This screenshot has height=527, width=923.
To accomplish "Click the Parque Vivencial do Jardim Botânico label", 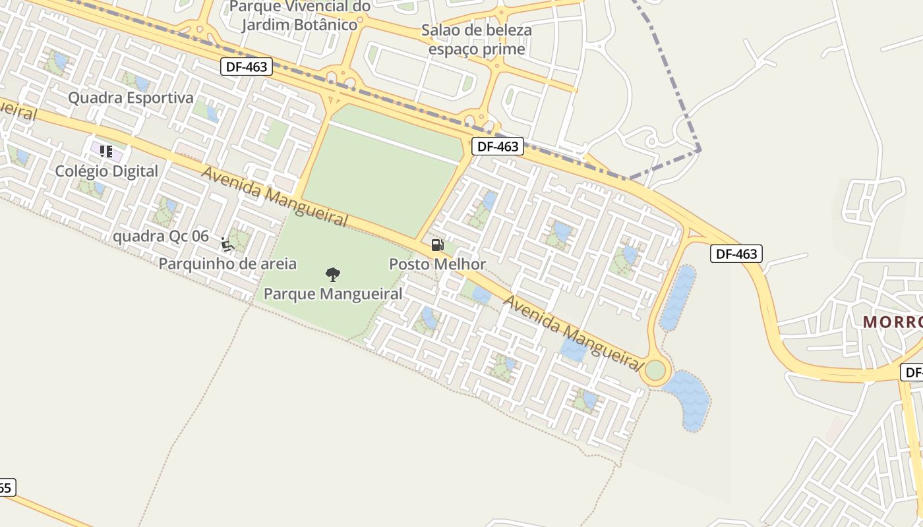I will (300, 16).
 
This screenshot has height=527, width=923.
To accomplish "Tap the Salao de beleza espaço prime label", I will (477, 40).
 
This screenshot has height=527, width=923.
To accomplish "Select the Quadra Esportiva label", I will (131, 98).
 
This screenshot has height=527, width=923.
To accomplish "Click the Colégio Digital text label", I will (106, 171).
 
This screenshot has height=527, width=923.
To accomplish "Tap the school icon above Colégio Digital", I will (105, 152).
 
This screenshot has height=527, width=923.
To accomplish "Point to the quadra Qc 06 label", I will (161, 236).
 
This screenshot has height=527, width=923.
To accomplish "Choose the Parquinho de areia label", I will (227, 264).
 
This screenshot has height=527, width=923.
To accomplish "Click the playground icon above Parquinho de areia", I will (227, 245).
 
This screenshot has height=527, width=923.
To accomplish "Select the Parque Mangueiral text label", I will (333, 294).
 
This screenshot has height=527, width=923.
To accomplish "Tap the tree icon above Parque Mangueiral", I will (333, 274).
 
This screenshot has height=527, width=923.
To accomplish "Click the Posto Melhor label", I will (437, 264).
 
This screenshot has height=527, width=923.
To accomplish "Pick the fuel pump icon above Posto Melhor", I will (437, 245).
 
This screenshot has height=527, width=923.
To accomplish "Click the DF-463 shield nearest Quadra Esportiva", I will (247, 66).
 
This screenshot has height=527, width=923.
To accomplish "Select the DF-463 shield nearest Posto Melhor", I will (498, 146).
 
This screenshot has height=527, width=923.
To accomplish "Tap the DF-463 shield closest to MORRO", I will (736, 254).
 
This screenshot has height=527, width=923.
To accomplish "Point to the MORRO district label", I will (893, 322).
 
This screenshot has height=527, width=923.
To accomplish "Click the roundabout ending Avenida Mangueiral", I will (655, 370).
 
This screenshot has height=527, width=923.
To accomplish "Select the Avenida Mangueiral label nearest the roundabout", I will (574, 333).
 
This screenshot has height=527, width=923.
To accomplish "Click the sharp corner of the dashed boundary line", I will (700, 150).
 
